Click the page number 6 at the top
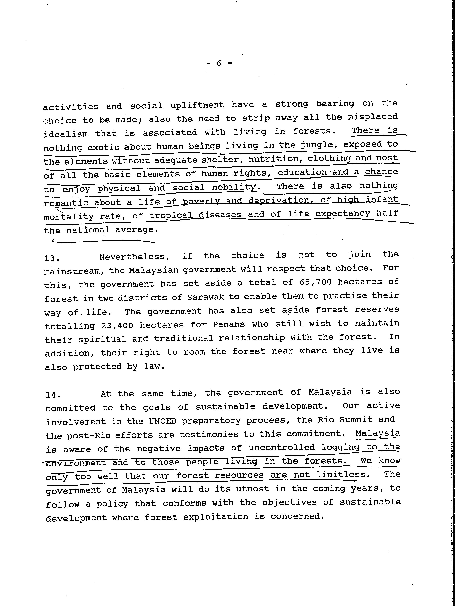click(x=219, y=64)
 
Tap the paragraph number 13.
click(x=51, y=258)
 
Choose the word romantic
click(x=66, y=203)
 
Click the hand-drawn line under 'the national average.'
click(x=104, y=241)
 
